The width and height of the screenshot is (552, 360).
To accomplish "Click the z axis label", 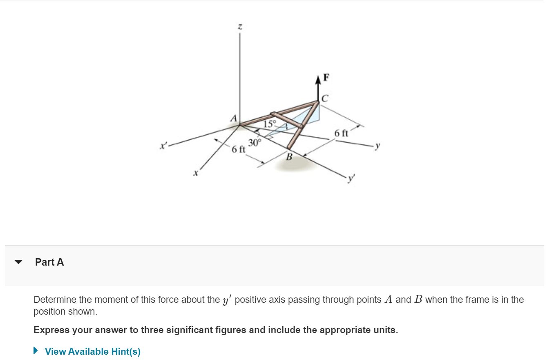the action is pyautogui.click(x=240, y=27).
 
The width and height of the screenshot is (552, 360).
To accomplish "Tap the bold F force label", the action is pyautogui.click(x=326, y=77).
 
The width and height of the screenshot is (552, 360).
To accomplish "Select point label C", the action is pyautogui.click(x=325, y=98).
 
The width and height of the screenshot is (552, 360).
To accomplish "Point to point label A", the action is pyautogui.click(x=234, y=119).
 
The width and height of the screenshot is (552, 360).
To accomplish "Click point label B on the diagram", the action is pyautogui.click(x=289, y=157).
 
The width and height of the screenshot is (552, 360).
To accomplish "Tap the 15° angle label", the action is pyautogui.click(x=270, y=124).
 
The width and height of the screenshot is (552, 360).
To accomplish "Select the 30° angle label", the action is pyautogui.click(x=255, y=143).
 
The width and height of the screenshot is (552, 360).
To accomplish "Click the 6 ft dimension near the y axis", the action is pyautogui.click(x=341, y=133).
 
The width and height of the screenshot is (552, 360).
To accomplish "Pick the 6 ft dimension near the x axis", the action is pyautogui.click(x=238, y=149).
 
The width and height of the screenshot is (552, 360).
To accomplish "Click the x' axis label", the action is pyautogui.click(x=163, y=145).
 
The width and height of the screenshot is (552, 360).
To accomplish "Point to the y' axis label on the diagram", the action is pyautogui.click(x=351, y=179).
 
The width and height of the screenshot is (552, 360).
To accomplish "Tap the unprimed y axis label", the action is pyautogui.click(x=377, y=146).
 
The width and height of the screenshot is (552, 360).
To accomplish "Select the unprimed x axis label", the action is pyautogui.click(x=196, y=173).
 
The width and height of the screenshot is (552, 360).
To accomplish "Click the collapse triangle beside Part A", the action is pyautogui.click(x=18, y=262).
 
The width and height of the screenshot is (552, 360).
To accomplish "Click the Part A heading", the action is pyautogui.click(x=49, y=262).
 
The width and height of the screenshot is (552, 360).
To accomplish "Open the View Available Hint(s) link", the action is pyautogui.click(x=93, y=351).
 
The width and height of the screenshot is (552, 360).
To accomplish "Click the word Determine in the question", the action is pyautogui.click(x=55, y=300).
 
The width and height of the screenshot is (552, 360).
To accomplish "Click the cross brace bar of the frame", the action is pyautogui.click(x=287, y=120).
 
